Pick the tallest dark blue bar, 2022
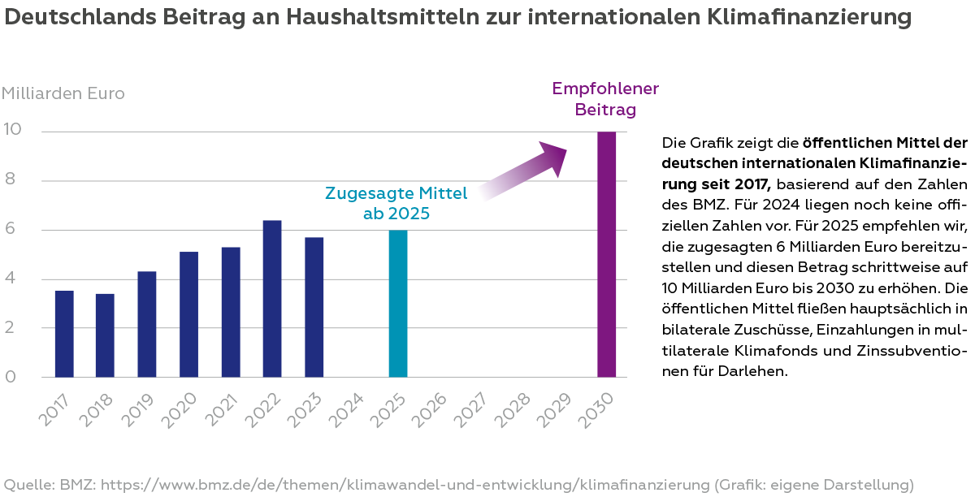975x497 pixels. (272, 299)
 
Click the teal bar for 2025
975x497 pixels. (397, 304)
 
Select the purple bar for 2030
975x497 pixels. (606, 254)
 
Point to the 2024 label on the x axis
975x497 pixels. (348, 408)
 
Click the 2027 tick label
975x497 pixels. (473, 408)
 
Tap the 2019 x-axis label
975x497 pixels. (139, 408)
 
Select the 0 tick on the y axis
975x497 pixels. (11, 377)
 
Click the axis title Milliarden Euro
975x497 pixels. (63, 93)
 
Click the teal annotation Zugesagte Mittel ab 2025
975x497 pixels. (396, 203)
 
